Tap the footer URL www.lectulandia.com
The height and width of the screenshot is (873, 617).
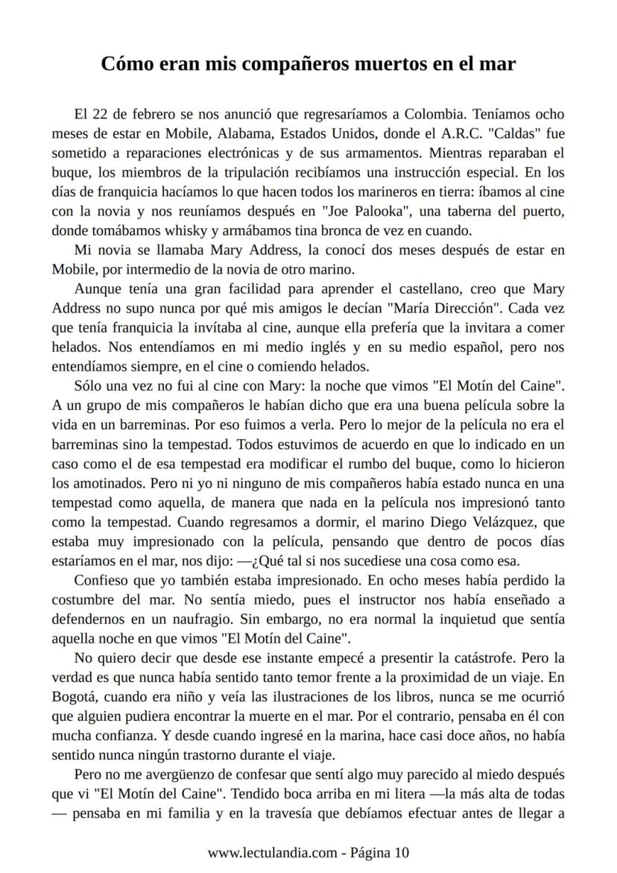271,852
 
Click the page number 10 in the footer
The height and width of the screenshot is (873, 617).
402,852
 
